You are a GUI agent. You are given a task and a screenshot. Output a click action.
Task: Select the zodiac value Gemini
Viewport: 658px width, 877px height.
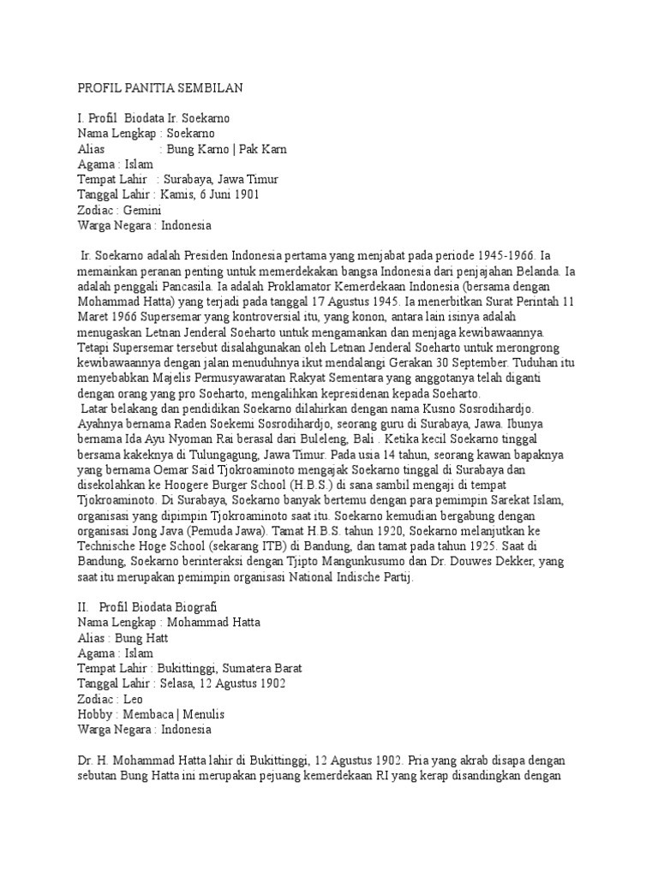tap(146, 211)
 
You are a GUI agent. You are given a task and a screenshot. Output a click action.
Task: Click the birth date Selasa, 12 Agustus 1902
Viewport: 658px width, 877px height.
tap(224, 683)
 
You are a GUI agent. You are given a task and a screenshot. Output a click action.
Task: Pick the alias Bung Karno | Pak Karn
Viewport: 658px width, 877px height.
tap(226, 149)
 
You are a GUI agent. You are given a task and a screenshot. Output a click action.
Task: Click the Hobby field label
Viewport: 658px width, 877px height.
tap(95, 714)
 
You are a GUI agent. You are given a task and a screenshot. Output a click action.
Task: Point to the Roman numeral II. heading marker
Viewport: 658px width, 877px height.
tap(83, 606)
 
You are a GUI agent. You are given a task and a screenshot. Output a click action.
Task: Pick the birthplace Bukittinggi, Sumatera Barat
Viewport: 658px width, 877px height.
tap(229, 668)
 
